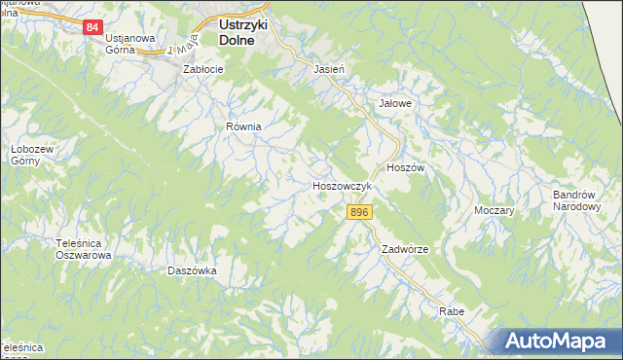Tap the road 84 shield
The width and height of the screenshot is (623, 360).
pos(92,27)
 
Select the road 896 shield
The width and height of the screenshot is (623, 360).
pos(359,212)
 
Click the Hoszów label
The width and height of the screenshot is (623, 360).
pos(406,167)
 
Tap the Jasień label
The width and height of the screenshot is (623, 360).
pos(328,70)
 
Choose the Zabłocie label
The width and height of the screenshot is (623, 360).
pos(204,70)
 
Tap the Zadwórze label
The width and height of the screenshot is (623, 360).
pos(405,249)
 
